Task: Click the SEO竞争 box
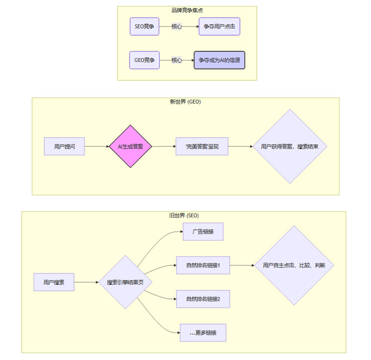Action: tap(144, 26)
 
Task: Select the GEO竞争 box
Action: tap(144, 60)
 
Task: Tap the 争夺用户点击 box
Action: tap(219, 26)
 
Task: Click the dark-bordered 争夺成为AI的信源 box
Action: tap(219, 60)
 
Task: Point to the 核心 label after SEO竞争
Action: tap(176, 26)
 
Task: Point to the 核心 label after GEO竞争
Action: tap(176, 60)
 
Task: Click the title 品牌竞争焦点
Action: tap(187, 10)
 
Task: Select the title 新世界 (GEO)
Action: tap(185, 102)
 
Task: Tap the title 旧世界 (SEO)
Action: tap(183, 215)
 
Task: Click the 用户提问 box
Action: tap(65, 146)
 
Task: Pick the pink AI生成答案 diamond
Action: tap(130, 146)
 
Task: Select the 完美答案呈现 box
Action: tap(202, 146)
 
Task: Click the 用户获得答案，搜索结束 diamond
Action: tap(290, 146)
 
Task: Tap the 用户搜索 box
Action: tap(54, 282)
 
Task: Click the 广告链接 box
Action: tap(203, 232)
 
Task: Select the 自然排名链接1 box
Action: tap(203, 265)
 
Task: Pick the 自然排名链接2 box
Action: tap(203, 298)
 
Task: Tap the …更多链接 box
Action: tap(203, 333)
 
